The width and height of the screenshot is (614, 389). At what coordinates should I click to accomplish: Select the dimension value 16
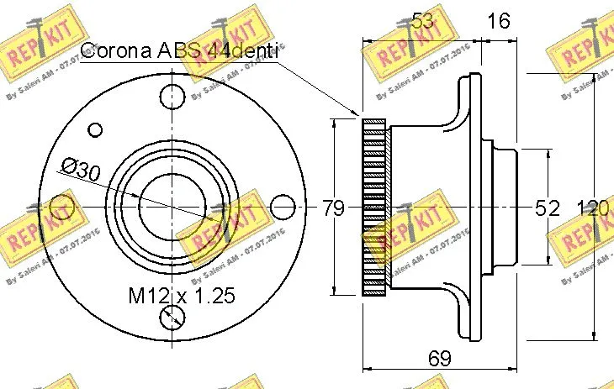[x=500, y=21]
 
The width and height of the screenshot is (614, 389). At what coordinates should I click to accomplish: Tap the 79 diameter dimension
[x=334, y=208]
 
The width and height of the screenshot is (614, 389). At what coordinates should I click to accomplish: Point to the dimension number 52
[x=548, y=208]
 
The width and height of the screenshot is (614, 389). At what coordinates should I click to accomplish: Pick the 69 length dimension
[x=439, y=359]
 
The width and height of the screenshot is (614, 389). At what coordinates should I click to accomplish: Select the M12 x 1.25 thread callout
[x=180, y=296]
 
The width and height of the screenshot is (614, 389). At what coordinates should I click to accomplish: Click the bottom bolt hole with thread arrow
[x=172, y=316]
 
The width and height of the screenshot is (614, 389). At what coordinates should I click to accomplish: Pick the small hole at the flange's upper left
[x=95, y=129]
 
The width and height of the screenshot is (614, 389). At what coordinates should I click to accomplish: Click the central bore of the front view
[x=172, y=204]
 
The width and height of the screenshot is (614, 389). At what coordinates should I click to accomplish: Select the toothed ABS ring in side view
[x=374, y=207]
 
